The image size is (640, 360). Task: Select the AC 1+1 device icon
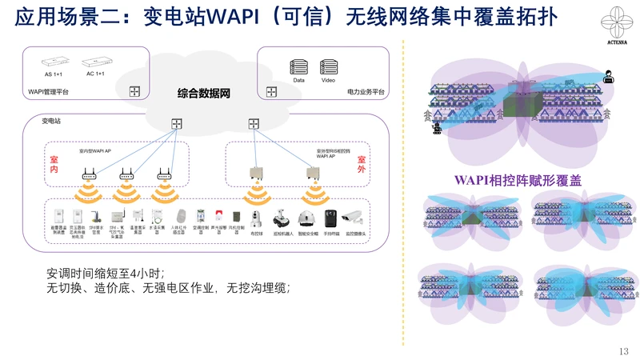(x=95, y=61)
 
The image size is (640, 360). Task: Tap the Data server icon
(x=299, y=66)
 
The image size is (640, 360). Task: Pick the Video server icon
(x=328, y=66)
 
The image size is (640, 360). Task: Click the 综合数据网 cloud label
(x=203, y=94)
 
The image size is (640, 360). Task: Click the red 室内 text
(x=54, y=165)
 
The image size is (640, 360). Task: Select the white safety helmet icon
(x=304, y=218)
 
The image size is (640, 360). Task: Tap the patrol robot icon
(x=281, y=217)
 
